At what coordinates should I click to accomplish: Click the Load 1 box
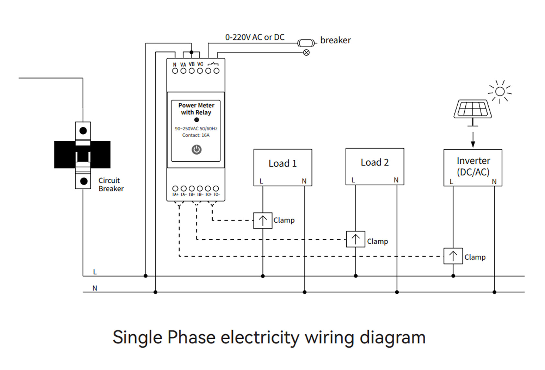pos(283,167)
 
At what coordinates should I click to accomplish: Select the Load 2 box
pos(374,166)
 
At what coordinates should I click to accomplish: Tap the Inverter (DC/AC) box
pos(473,167)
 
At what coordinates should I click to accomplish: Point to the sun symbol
pos(500,92)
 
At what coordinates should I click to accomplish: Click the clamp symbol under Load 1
pos(262,220)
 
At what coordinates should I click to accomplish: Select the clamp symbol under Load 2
pos(355,239)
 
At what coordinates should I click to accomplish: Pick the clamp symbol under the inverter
pos(453,256)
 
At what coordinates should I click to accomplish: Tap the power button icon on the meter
pos(196,149)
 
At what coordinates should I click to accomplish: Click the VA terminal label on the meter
pos(183,65)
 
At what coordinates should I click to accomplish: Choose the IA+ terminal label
pos(175,194)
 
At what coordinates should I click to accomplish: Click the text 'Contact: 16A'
pos(196,135)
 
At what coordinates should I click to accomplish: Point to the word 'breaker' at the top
pos(335,40)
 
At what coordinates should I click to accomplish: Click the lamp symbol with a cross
pos(306,52)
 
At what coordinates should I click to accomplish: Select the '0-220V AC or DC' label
pos(255,38)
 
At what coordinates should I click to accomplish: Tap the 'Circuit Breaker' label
pos(111,184)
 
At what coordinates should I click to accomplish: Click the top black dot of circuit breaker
pos(83,131)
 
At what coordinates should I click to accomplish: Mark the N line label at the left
pos(95,288)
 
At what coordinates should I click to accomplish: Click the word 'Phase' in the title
pos(191,337)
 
